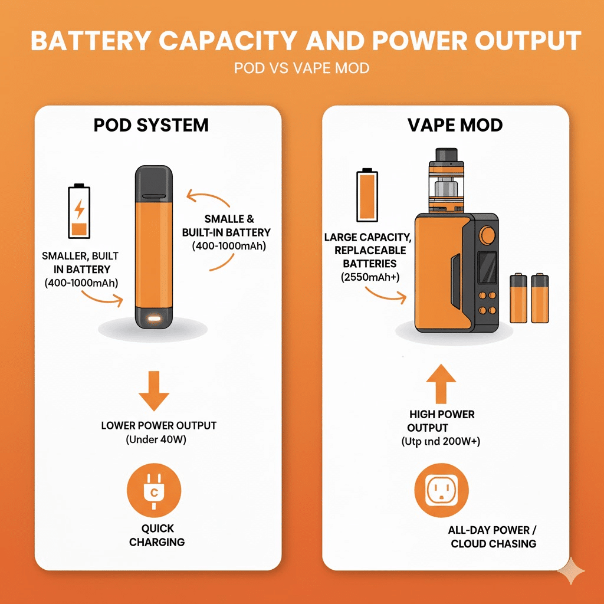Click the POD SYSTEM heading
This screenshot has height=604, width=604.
[151, 125]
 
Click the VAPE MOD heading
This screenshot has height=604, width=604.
[455, 125]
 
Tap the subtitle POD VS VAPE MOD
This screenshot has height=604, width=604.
[301, 68]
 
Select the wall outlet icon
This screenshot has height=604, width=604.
[441, 491]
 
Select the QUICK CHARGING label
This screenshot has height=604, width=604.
[157, 535]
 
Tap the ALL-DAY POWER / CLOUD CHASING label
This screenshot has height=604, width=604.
[494, 537]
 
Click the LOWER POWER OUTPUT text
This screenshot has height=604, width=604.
[159, 425]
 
